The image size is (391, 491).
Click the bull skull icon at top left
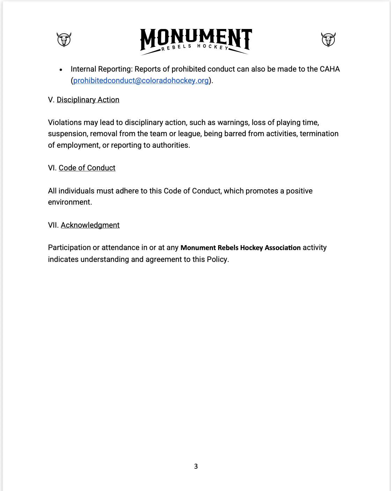point(64,39)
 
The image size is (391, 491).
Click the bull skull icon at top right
point(328,39)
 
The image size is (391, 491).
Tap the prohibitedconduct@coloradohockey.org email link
point(141,81)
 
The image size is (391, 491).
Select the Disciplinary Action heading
point(88,100)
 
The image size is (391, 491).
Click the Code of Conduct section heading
point(87,168)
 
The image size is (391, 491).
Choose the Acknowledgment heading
point(90,225)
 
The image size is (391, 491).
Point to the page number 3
point(196,466)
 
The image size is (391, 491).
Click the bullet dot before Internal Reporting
point(61,70)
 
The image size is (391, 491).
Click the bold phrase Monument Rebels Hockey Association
point(240,248)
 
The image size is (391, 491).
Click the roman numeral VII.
point(53,225)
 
